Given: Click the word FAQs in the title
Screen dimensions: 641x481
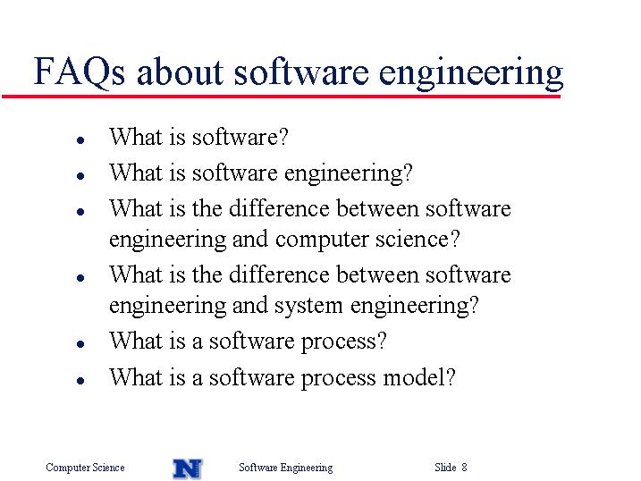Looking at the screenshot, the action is click(x=79, y=72).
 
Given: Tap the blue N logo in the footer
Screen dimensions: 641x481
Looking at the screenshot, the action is click(x=188, y=468).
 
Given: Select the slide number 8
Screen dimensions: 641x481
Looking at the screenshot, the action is click(x=464, y=467).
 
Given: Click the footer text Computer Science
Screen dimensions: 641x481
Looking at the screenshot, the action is click(x=85, y=468).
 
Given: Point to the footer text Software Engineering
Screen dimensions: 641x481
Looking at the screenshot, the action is click(x=286, y=468).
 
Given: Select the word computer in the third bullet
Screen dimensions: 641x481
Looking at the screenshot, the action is click(x=322, y=240).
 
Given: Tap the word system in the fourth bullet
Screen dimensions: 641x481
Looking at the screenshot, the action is click(x=308, y=306).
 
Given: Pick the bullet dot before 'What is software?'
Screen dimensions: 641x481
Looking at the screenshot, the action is click(x=80, y=140).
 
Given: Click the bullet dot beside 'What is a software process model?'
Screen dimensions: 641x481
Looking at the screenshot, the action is click(x=80, y=381).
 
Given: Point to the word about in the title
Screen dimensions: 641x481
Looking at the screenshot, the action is click(x=180, y=72).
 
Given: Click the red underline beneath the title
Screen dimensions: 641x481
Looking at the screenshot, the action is click(x=281, y=97).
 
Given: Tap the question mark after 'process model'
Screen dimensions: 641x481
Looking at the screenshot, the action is click(x=451, y=376).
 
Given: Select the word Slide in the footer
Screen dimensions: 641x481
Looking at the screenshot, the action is click(x=445, y=467).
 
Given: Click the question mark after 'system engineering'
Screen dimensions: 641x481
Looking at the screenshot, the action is click(x=474, y=305).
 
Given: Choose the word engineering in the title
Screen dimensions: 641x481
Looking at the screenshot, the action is click(x=471, y=73).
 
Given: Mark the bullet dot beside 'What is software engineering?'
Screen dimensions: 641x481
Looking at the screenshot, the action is click(x=80, y=176).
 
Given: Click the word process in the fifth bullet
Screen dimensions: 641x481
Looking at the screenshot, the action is click(x=338, y=342).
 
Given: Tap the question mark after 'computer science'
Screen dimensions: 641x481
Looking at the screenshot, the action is click(x=455, y=239).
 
